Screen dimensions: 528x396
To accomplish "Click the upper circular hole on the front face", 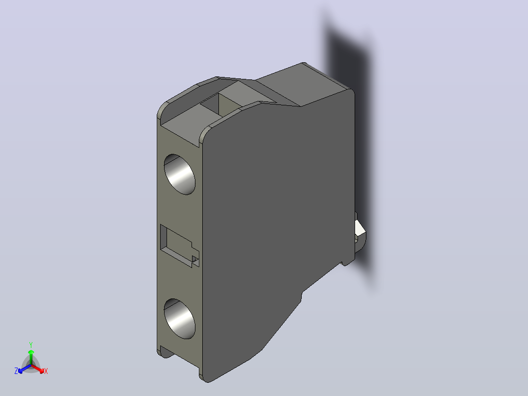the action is pyautogui.click(x=179, y=174).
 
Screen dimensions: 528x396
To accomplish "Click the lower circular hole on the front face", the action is pyautogui.click(x=179, y=319).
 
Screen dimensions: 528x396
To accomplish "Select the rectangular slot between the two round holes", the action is pyautogui.click(x=179, y=246).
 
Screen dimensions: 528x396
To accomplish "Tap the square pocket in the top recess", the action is pyautogui.click(x=219, y=104).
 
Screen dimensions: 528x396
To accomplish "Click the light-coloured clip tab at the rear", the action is pyautogui.click(x=360, y=230).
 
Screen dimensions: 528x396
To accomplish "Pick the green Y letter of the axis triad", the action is pyautogui.click(x=31, y=345).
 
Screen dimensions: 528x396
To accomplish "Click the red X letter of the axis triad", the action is pyautogui.click(x=46, y=371).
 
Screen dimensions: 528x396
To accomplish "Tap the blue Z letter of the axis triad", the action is pyautogui.click(x=16, y=371).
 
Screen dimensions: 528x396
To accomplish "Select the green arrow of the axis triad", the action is pyautogui.click(x=31, y=357).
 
